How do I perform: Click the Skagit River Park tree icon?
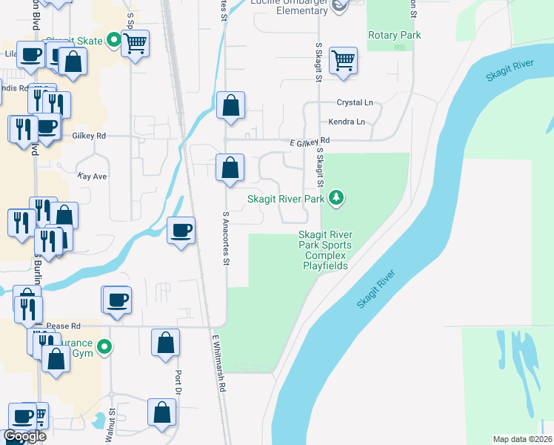tap(337, 197)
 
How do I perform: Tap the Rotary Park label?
tap(395, 36)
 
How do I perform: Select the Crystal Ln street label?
tap(356, 102)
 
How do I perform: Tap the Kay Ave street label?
tap(93, 177)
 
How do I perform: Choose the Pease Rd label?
tap(63, 326)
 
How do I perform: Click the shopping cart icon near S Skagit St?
tap(344, 62)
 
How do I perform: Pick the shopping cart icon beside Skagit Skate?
tap(136, 44)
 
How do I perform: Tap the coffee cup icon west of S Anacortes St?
tap(181, 231)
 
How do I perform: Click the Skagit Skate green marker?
tap(114, 39)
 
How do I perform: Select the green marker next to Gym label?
tap(105, 346)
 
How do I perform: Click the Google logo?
tap(24, 436)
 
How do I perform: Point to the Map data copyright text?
tap(522, 439)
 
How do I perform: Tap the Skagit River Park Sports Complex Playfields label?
tap(325, 250)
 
